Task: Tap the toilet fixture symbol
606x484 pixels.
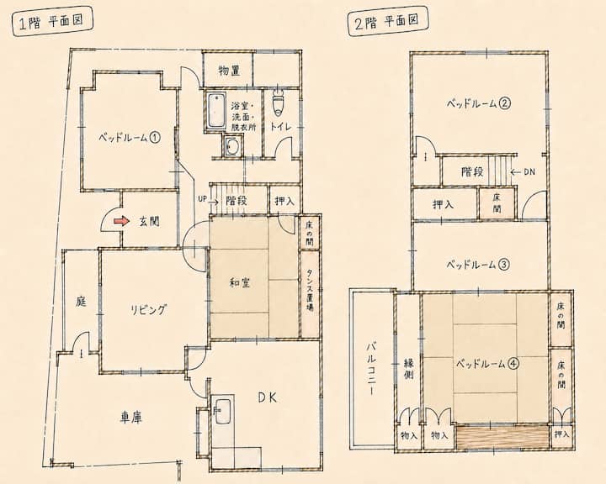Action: pos(279,103)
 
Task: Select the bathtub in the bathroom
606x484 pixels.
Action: pos(217,110)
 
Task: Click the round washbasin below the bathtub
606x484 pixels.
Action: pos(232,146)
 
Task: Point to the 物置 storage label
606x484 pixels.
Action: pos(229,71)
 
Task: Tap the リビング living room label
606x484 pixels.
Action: pos(148,309)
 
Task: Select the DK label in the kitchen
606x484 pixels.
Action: pos(268,398)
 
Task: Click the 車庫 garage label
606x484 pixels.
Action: pos(130,418)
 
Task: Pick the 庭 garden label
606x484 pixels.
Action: pos(81,301)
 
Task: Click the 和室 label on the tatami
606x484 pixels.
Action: pos(240,283)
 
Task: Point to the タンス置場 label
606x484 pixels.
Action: pos(310,290)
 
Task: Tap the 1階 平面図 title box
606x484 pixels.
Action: pos(53,23)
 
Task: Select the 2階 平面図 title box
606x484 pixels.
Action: pos(388,23)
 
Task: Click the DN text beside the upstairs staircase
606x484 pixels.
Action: pos(529,172)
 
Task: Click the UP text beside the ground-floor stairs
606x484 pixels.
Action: pos(202,199)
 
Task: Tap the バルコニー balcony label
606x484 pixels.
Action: pos(369,369)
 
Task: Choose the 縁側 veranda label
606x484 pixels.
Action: pos(409,369)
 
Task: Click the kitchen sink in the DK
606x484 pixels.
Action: pos(222,411)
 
